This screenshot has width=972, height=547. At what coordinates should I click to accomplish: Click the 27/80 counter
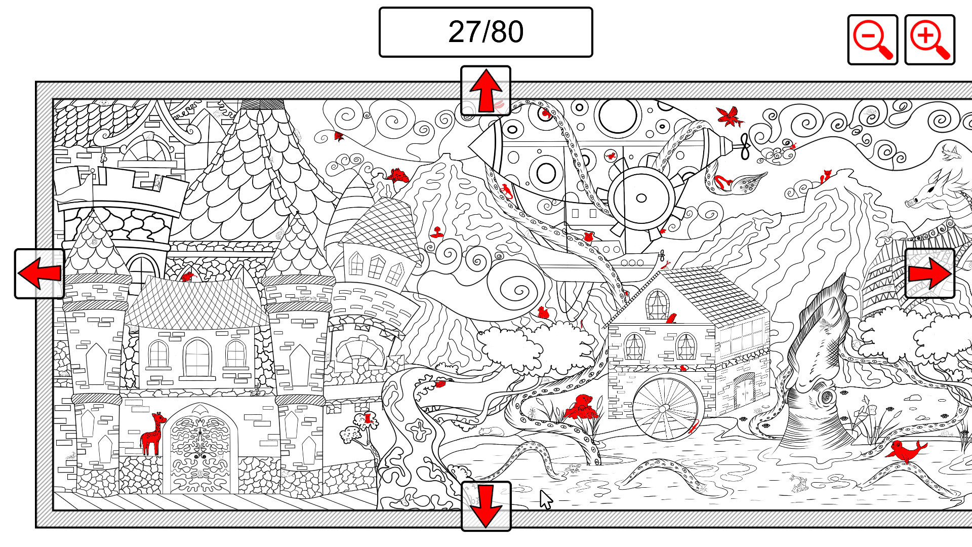pyautogui.click(x=485, y=32)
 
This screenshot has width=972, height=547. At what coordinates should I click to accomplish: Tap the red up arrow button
pyautogui.click(x=485, y=91)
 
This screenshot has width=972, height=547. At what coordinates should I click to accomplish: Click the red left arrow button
pyautogui.click(x=39, y=273)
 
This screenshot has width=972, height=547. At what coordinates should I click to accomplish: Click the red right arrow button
pyautogui.click(x=929, y=273)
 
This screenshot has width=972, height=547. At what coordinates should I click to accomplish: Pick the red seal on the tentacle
pyautogui.click(x=905, y=450)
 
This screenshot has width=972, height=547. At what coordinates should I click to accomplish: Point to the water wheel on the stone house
pyautogui.click(x=665, y=408)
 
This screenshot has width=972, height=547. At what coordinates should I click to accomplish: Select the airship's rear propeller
pyautogui.click(x=745, y=146)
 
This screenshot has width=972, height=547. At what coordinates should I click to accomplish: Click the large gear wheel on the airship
pyautogui.click(x=641, y=198)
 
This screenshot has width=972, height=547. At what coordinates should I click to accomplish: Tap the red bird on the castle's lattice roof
pyautogui.click(x=187, y=277)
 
